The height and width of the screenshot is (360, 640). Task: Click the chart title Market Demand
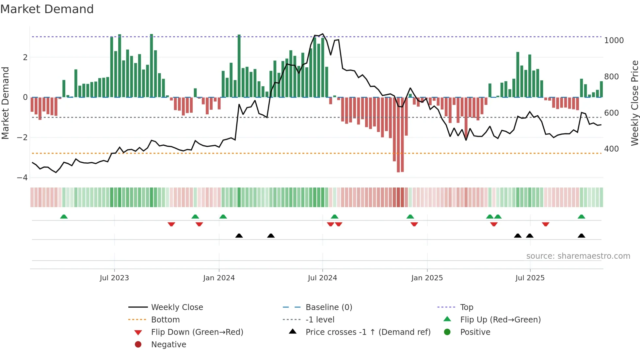click(x=47, y=9)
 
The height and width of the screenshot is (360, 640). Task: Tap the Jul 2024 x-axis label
click(x=322, y=278)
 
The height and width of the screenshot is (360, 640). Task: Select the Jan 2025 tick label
click(x=427, y=278)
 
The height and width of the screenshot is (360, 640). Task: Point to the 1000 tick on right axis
click(x=614, y=41)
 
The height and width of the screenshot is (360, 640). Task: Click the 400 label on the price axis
click(x=612, y=149)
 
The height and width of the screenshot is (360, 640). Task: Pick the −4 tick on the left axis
click(x=22, y=178)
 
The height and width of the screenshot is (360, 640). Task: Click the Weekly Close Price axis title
click(x=634, y=103)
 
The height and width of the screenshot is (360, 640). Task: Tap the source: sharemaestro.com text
click(x=578, y=256)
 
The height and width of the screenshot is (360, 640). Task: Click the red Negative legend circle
click(x=138, y=345)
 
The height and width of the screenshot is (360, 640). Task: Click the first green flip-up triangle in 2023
click(x=64, y=217)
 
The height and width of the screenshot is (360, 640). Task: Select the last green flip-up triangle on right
click(x=581, y=217)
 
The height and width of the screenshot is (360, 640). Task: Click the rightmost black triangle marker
click(x=581, y=236)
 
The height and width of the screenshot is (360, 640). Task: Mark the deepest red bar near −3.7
click(x=398, y=135)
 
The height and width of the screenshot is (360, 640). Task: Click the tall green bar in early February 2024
click(x=239, y=66)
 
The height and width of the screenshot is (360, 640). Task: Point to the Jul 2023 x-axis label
click(x=114, y=278)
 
